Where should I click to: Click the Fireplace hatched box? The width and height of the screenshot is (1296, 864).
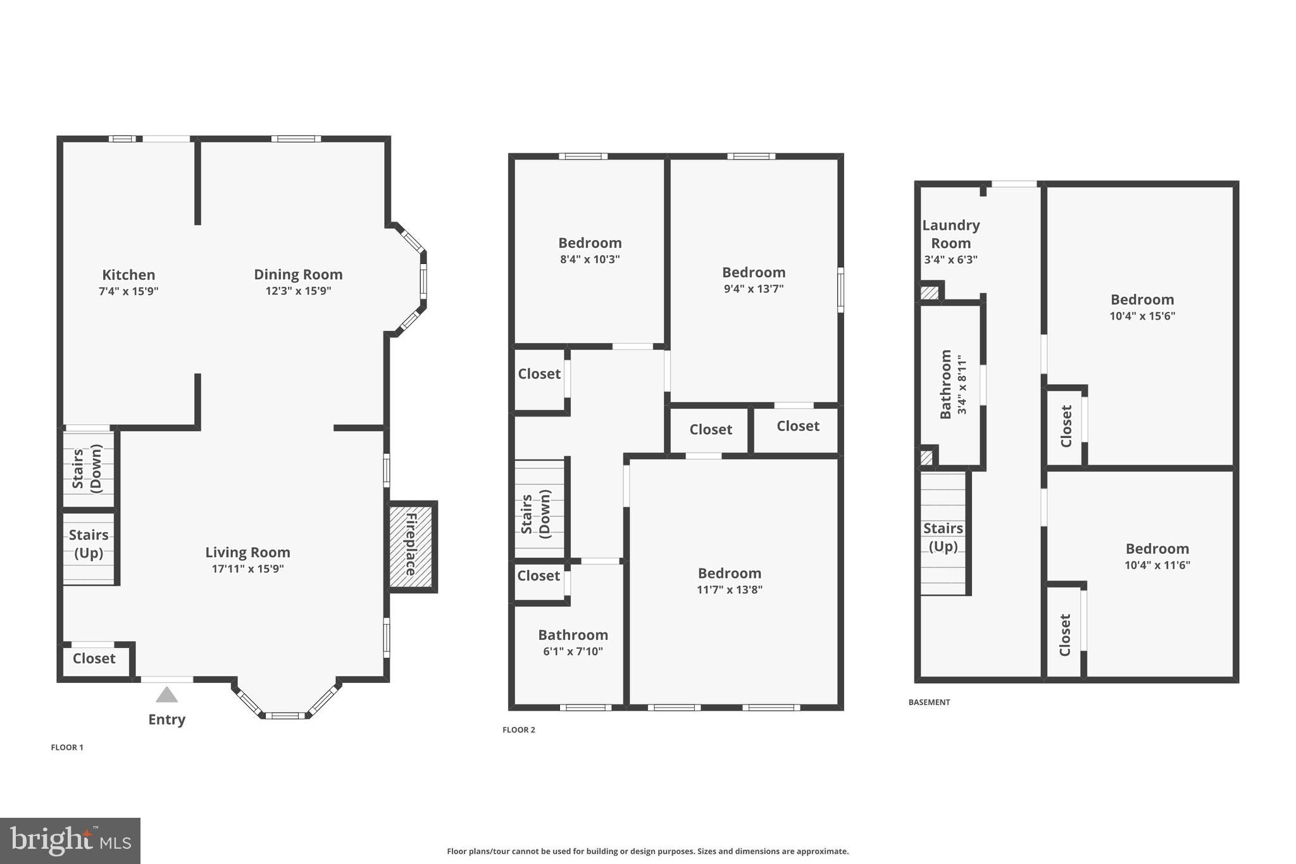point(411,546)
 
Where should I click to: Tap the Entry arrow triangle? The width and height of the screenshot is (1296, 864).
point(166,695)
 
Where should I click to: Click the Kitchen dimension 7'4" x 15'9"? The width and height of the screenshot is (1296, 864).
point(128,291)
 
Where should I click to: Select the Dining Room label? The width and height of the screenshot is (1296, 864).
point(298,274)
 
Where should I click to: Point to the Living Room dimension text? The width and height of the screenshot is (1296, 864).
point(247,568)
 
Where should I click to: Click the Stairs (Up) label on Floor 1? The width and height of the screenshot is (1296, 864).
point(89,544)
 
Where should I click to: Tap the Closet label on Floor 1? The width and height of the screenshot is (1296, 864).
point(94,658)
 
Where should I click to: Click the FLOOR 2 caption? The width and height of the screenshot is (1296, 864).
point(518,730)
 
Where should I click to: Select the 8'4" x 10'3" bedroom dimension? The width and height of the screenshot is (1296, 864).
point(590,259)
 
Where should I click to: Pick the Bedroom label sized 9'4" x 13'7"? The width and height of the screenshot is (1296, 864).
point(754,272)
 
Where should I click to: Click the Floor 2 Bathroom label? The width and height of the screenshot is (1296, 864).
point(573,635)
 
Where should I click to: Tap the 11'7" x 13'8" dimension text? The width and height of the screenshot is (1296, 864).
point(730,589)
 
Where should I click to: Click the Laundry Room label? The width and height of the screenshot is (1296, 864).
point(950,234)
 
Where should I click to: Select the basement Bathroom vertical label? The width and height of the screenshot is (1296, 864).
point(945,384)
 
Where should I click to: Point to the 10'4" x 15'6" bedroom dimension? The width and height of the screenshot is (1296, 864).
point(1142,316)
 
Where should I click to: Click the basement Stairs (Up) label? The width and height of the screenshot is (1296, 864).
point(943,537)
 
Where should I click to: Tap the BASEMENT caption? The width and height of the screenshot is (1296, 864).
point(929,702)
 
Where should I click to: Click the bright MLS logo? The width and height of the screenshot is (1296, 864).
point(70,841)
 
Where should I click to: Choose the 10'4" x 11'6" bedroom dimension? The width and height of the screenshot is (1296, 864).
point(1157,565)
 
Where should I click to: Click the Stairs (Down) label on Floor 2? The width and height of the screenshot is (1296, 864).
point(535,513)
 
